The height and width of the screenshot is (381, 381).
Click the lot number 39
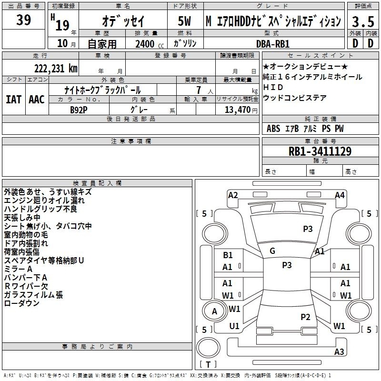(23, 20)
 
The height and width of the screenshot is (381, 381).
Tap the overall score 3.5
(363, 22)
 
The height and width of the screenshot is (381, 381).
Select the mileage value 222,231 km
(56, 69)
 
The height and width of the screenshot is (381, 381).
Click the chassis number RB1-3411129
(320, 151)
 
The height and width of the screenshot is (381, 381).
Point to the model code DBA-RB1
(273, 44)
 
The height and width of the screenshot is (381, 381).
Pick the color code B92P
(79, 110)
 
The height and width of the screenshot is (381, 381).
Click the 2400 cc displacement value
(150, 44)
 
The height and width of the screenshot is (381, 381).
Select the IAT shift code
(14, 100)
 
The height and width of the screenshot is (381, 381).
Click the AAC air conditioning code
(37, 100)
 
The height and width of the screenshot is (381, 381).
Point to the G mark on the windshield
(272, 251)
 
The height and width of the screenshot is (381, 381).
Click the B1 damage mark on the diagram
(228, 255)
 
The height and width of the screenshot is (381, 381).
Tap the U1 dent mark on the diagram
(234, 326)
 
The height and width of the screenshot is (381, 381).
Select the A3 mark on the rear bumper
(339, 351)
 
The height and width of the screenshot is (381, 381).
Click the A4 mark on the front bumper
(340, 195)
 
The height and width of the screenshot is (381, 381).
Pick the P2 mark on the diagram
(305, 317)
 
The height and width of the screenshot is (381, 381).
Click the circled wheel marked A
(214, 311)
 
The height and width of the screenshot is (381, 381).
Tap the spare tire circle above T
(208, 348)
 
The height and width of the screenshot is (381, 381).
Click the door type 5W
(184, 21)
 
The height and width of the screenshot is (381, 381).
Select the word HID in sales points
(273, 87)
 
